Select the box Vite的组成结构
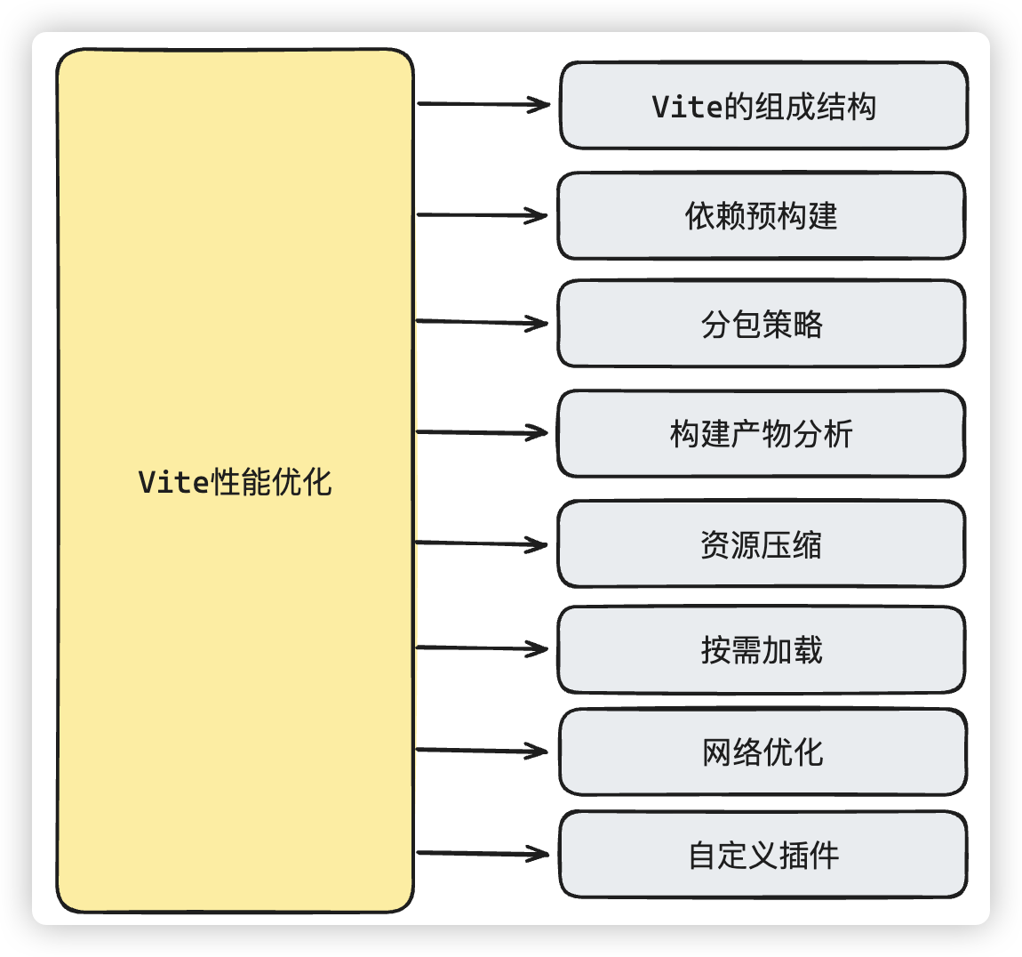pyautogui.click(x=763, y=106)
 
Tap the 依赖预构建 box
pyautogui.click(x=761, y=216)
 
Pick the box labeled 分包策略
pyautogui.click(x=761, y=324)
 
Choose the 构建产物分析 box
pyautogui.click(x=761, y=434)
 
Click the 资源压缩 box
pyautogui.click(x=761, y=544)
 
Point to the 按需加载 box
pyautogui.click(x=761, y=650)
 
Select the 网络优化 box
pyautogui.click(x=763, y=752)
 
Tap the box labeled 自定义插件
pyautogui.click(x=763, y=855)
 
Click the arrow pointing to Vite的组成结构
pyautogui.click(x=483, y=104)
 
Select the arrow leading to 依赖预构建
pyautogui.click(x=482, y=215)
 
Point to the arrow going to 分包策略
pyautogui.click(x=482, y=322)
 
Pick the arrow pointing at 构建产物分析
pyautogui.click(x=482, y=433)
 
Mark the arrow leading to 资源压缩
pyautogui.click(x=482, y=543)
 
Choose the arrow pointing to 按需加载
pyautogui.click(x=482, y=648)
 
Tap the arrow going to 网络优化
pyautogui.click(x=482, y=751)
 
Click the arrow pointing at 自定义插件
pyautogui.click(x=482, y=854)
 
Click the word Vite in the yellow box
pyautogui.click(x=173, y=482)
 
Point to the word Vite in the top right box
pyautogui.click(x=687, y=107)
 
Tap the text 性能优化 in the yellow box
pyautogui.click(x=271, y=482)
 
